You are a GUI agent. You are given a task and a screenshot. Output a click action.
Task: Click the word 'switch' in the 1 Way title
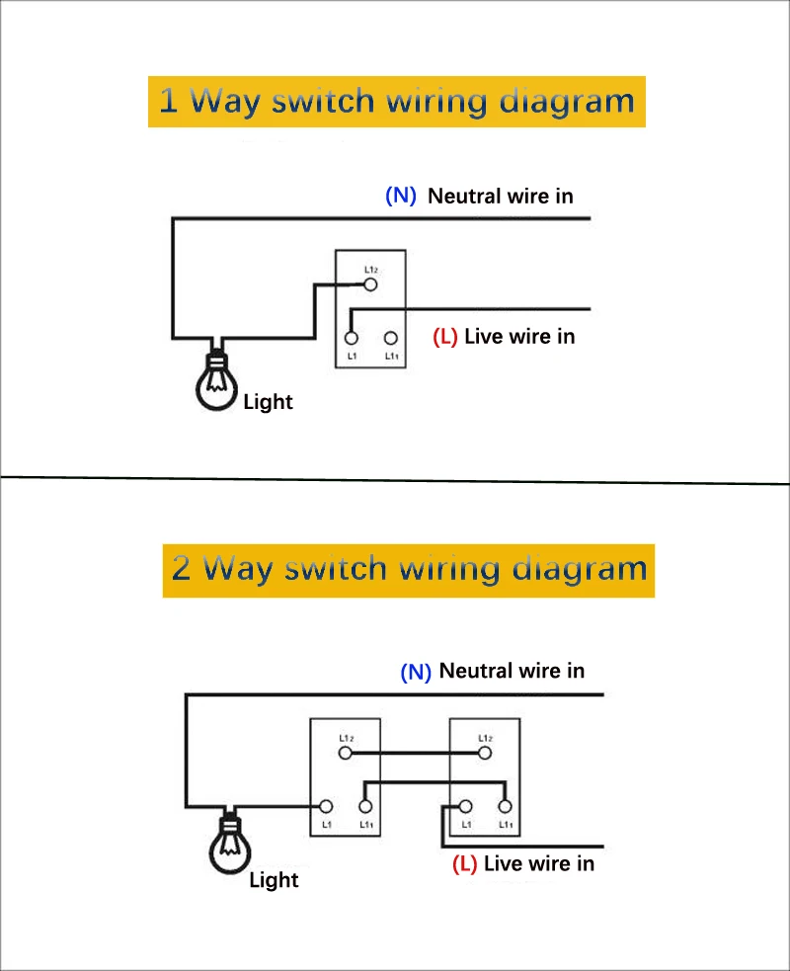point(323,101)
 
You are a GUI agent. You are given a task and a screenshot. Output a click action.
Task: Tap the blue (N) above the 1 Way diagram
point(401,196)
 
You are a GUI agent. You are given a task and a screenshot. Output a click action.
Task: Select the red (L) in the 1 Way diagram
point(445,336)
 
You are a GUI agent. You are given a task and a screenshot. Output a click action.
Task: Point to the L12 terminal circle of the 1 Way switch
point(370,284)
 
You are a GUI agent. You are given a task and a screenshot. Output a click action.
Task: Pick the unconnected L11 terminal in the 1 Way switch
point(391,338)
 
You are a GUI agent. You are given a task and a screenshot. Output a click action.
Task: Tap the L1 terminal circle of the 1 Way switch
point(351,338)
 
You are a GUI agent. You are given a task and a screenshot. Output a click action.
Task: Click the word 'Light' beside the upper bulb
point(268,402)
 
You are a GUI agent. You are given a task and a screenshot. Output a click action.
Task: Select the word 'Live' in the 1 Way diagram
point(484,336)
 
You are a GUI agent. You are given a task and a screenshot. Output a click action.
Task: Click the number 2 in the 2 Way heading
point(181,568)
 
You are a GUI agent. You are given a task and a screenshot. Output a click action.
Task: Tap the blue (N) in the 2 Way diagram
point(416,672)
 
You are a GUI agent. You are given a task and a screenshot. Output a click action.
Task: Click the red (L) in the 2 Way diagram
point(464,864)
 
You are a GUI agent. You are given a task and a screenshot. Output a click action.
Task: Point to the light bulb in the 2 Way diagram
point(230,844)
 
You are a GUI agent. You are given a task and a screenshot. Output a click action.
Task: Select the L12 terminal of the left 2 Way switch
point(346,753)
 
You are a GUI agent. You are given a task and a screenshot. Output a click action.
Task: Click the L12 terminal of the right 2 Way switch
point(485,753)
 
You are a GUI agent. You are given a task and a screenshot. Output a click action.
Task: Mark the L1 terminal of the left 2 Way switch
point(326,806)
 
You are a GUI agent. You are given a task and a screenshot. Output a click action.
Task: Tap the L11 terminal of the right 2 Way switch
point(506,806)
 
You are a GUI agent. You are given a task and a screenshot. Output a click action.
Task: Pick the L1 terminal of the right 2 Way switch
point(465,806)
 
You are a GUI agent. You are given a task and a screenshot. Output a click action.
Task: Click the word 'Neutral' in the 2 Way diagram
point(476,671)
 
